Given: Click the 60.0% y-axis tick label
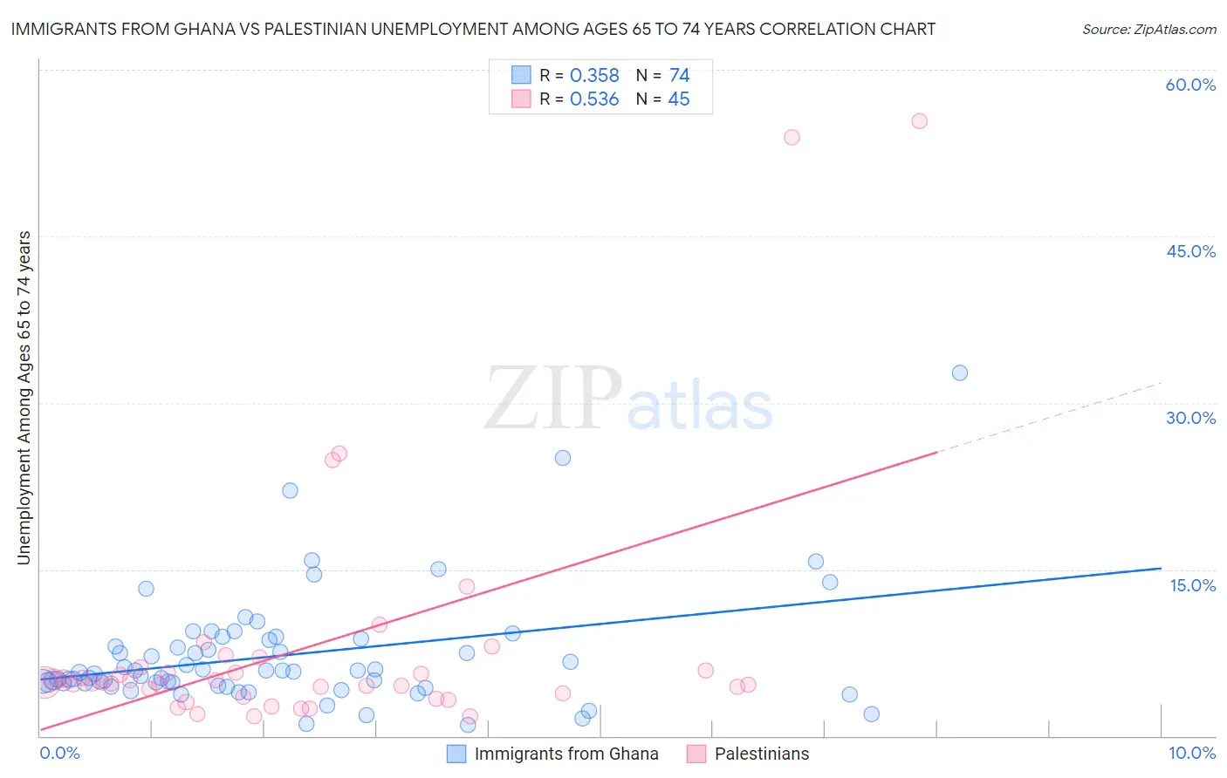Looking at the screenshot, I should tap(1190, 85).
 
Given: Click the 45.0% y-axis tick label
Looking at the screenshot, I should tap(1190, 251).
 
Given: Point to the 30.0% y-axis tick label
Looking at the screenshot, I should tap(1190, 418).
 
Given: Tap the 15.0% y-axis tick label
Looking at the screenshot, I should tap(1192, 585).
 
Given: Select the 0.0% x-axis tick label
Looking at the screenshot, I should tap(59, 753).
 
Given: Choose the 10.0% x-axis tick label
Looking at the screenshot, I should tap(1191, 753).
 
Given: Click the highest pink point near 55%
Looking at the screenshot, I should tap(919, 121).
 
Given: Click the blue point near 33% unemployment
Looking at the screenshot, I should tap(960, 372).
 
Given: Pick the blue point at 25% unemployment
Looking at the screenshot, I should tap(563, 458).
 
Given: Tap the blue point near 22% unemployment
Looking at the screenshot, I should tap(290, 490).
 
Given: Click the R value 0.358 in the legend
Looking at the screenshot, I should tap(594, 76).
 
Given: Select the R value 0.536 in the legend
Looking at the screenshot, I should tap(594, 99).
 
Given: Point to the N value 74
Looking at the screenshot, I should tap(679, 76).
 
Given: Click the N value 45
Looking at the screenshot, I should tap(679, 99).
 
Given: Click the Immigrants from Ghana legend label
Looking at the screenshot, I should tap(566, 754).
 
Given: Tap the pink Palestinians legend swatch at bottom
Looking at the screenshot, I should tap(696, 754).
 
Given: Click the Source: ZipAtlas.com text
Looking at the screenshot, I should tap(1148, 30).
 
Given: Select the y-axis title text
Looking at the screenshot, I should tap(24, 398).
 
